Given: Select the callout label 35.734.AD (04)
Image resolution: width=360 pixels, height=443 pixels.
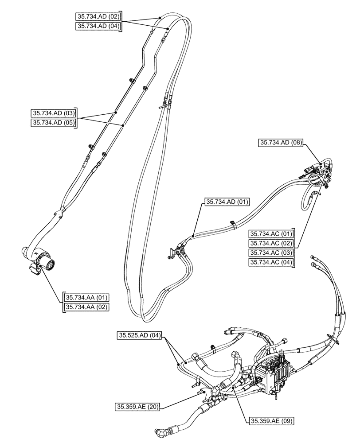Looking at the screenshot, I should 98,26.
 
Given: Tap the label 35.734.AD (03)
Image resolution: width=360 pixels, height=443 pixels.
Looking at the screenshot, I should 53,113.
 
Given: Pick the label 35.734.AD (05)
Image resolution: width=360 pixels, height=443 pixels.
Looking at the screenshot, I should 53,122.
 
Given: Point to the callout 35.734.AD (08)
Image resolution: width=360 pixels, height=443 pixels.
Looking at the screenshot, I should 281,143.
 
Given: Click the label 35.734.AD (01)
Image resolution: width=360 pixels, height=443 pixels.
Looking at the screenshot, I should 227,202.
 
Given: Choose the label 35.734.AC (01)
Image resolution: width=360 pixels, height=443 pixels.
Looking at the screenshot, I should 272,233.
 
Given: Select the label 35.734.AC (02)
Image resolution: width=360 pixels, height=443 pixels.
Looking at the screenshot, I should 272,243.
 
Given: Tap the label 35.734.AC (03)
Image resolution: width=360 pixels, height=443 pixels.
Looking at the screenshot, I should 272,253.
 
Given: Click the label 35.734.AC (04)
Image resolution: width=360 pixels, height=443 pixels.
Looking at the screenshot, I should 272,262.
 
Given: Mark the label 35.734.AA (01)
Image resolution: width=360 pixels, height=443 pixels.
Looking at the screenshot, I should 87,297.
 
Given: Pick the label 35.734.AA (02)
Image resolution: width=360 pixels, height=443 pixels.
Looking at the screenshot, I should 87,307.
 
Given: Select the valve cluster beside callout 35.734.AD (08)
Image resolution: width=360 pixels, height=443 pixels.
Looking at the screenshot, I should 317,174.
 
